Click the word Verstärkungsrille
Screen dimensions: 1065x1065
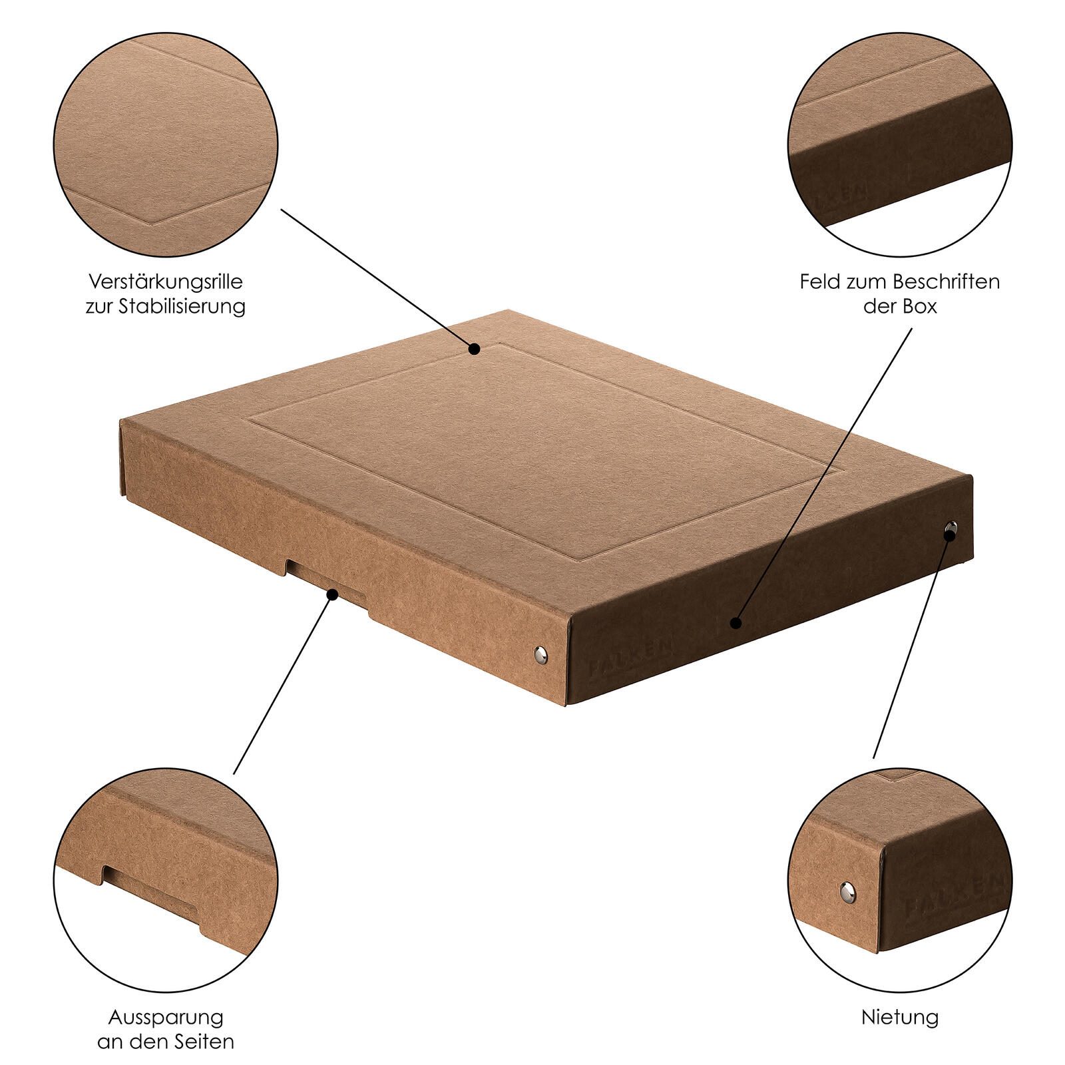click(166, 282)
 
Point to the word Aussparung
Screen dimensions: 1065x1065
click(166, 1018)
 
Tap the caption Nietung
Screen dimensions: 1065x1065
click(900, 1017)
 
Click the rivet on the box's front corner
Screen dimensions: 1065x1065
click(542, 654)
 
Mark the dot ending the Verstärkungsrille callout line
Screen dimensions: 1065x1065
click(474, 348)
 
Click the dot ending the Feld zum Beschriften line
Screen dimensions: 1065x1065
click(735, 623)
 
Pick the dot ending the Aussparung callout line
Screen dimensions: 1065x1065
click(331, 594)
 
